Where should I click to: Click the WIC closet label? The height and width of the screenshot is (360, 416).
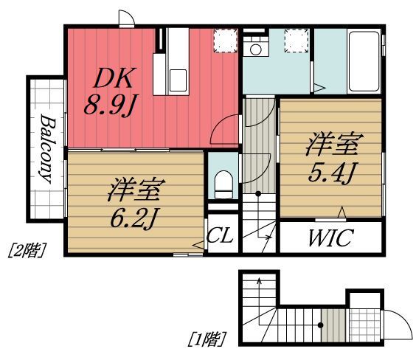click(x=330, y=239)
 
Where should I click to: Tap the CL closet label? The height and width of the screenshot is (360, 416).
click(x=221, y=238)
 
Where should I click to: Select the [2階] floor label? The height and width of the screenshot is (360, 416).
click(x=27, y=251)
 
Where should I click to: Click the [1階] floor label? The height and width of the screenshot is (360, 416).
click(x=207, y=339)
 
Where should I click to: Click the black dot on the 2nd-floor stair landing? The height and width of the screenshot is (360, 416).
click(x=259, y=194)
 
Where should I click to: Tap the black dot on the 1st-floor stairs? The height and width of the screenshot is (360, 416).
click(x=321, y=325)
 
